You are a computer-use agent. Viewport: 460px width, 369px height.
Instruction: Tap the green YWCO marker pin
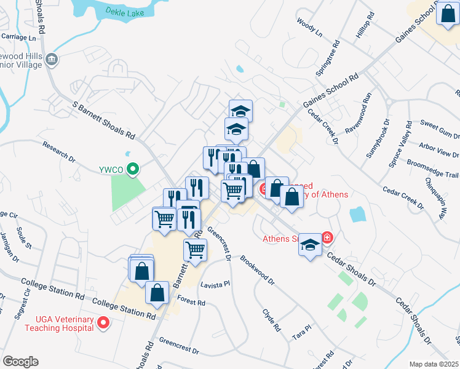[x=133, y=169]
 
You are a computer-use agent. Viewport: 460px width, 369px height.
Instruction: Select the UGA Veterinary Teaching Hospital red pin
[x=103, y=322]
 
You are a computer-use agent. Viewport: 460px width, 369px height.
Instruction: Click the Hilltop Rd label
[x=365, y=25]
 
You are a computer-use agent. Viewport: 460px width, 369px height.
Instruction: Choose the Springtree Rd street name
[x=327, y=59]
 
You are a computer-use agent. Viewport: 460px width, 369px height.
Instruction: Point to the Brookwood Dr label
[x=257, y=269]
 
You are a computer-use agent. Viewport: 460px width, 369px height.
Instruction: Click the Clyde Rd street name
[x=271, y=320]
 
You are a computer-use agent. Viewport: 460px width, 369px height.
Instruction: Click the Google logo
[x=20, y=361]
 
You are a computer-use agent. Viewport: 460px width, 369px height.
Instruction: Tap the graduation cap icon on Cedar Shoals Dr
[x=310, y=245]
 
